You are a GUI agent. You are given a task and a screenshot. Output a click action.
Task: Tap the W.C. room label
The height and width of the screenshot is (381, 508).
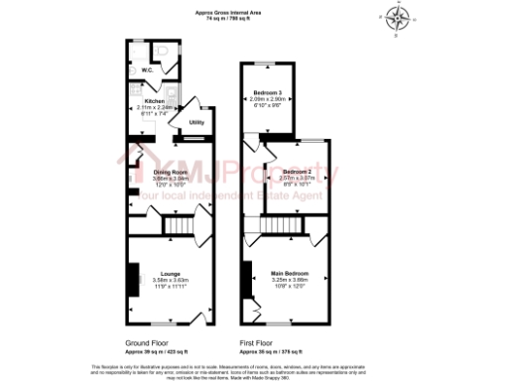pyautogui.click(x=146, y=69)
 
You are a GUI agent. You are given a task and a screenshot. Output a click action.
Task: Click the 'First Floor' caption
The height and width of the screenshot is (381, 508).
pyautogui.click(x=258, y=339)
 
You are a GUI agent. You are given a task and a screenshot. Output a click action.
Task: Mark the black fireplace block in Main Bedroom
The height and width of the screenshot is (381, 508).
pyautogui.click(x=245, y=278)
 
